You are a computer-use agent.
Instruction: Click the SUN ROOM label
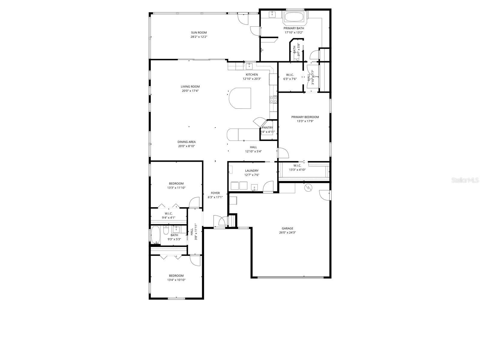click(x=199, y=33)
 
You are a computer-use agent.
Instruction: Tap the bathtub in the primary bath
click(x=294, y=17)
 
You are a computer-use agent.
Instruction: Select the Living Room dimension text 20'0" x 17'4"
click(x=190, y=91)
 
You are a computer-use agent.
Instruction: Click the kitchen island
click(x=240, y=98)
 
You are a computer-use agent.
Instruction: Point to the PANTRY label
click(x=267, y=127)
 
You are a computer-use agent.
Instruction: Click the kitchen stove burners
click(x=273, y=100)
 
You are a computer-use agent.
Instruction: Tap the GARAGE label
click(x=287, y=228)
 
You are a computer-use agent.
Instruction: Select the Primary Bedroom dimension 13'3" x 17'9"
click(x=305, y=121)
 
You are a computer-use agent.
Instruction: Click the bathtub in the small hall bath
click(x=155, y=235)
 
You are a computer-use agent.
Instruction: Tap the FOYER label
click(x=215, y=193)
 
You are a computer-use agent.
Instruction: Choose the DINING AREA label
click(x=186, y=142)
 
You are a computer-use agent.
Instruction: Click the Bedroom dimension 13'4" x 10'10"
click(x=176, y=280)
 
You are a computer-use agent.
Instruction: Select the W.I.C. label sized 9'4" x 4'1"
click(x=168, y=214)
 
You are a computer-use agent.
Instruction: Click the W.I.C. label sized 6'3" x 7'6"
click(x=290, y=75)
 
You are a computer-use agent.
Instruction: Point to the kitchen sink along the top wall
click(x=249, y=65)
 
